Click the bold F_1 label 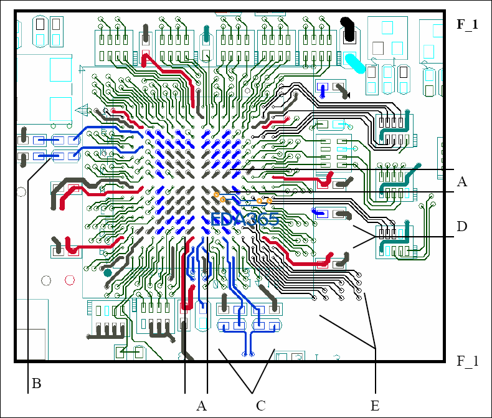[x=467, y=25]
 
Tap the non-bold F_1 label [x=468, y=361]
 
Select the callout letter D [x=461, y=226]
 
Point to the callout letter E [x=374, y=406]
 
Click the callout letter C [x=261, y=406]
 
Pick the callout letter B [x=36, y=384]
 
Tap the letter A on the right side [x=461, y=182]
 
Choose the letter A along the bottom [x=201, y=406]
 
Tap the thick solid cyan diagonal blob [x=355, y=62]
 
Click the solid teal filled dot [x=108, y=272]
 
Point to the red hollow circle [x=46, y=280]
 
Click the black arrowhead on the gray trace [x=346, y=95]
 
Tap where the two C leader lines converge [x=251, y=392]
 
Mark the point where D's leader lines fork [x=376, y=237]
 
